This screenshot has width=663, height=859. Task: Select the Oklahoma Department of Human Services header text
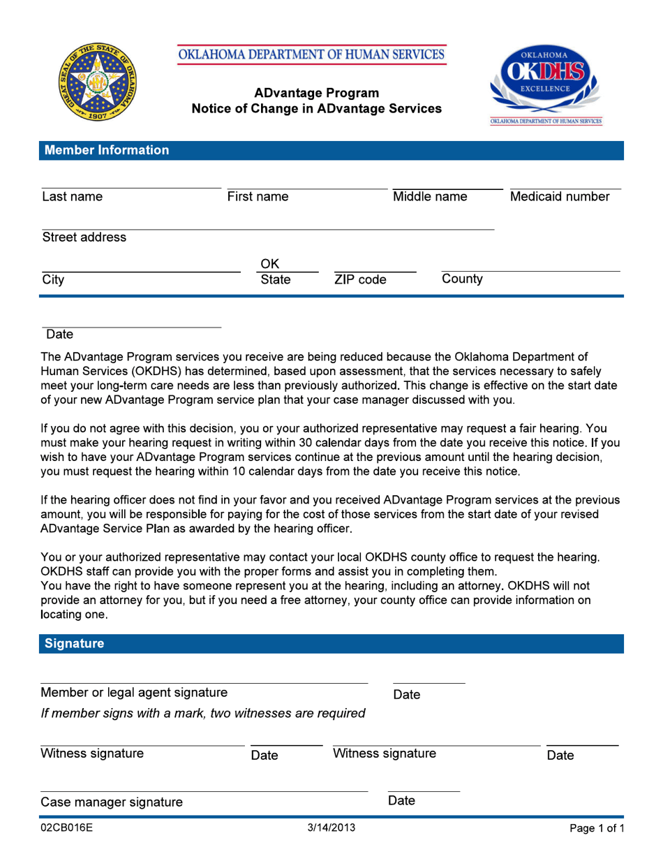pyautogui.click(x=311, y=54)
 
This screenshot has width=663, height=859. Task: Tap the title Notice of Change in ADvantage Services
pyautogui.click(x=316, y=108)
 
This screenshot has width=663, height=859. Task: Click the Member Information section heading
pyautogui.click(x=106, y=150)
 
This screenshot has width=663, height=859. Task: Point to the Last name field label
pyautogui.click(x=72, y=197)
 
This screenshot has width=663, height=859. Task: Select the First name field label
pyautogui.click(x=258, y=197)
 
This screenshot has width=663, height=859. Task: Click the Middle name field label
pyautogui.click(x=430, y=197)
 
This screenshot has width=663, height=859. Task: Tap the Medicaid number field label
pyautogui.click(x=560, y=197)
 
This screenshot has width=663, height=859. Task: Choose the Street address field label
pyautogui.click(x=84, y=237)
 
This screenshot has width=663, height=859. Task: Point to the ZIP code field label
pyautogui.click(x=359, y=280)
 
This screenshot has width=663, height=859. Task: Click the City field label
pyautogui.click(x=53, y=280)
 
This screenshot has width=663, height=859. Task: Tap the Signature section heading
pyautogui.click(x=74, y=643)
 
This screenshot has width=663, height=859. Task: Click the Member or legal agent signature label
pyautogui.click(x=134, y=693)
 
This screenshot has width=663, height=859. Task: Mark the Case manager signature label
pyautogui.click(x=112, y=802)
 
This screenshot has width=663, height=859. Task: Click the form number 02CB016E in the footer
pyautogui.click(x=67, y=829)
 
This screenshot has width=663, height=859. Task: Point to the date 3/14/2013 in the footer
pyautogui.click(x=331, y=828)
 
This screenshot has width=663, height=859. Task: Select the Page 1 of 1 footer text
pyautogui.click(x=596, y=829)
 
